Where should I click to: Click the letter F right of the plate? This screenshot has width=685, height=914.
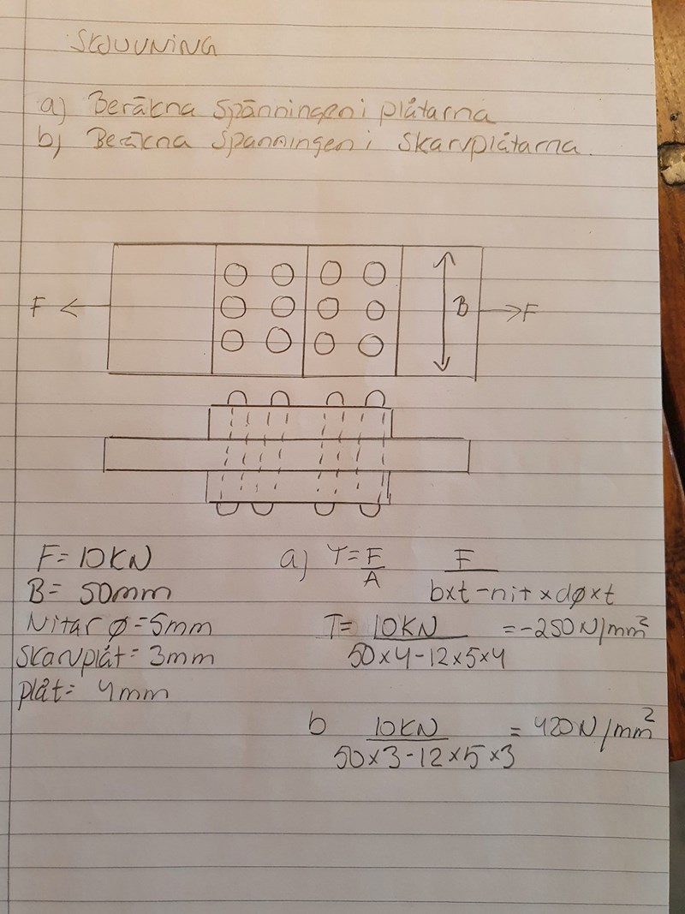tap(528, 312)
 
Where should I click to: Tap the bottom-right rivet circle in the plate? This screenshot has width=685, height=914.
tap(370, 344)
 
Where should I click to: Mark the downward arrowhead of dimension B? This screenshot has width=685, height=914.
tap(441, 365)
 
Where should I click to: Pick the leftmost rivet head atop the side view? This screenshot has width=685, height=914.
tap(238, 400)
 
